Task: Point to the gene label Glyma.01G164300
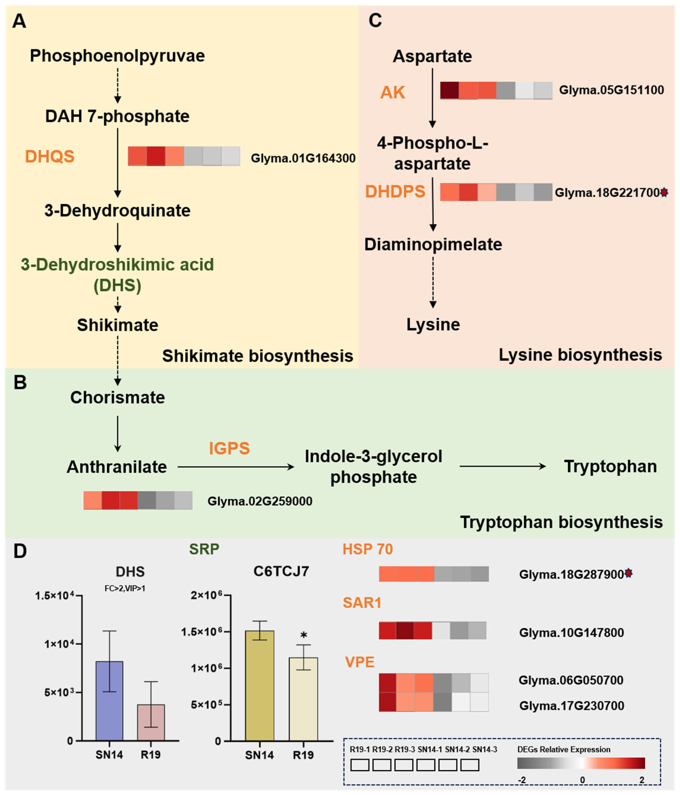coord(303,158)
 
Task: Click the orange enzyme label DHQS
coord(49,156)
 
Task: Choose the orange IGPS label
coord(229,448)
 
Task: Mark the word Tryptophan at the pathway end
coord(610,467)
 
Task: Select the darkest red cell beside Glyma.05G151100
coord(449,90)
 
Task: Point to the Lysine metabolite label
coord(433,325)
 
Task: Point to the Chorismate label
coord(117,397)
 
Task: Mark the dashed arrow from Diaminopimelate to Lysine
coord(433,282)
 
